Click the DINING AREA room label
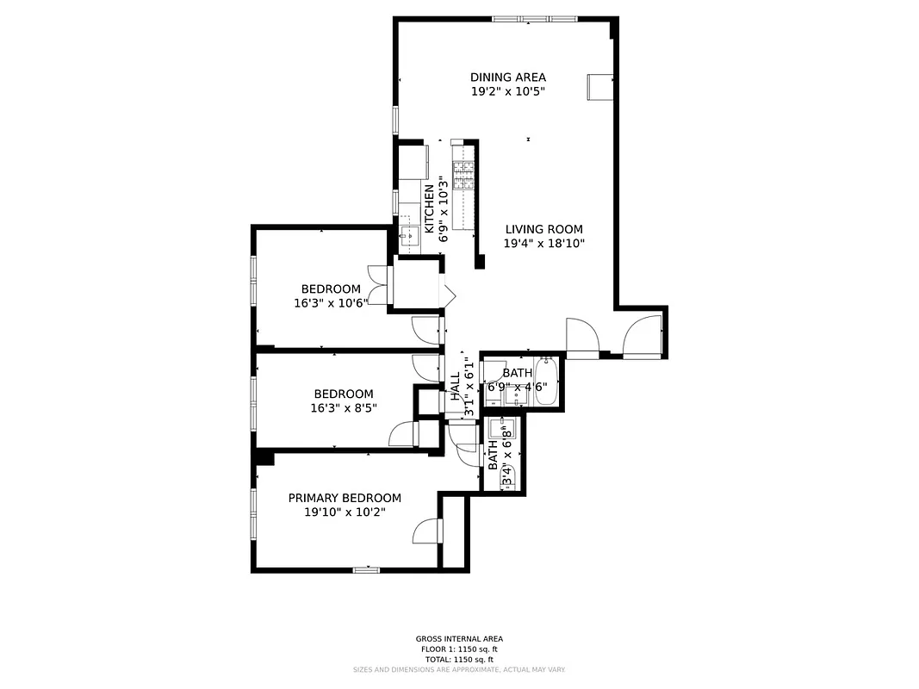click(x=507, y=77)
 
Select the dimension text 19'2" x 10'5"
click(x=507, y=91)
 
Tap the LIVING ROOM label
click(x=543, y=229)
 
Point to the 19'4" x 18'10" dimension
click(x=543, y=244)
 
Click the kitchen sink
click(x=407, y=232)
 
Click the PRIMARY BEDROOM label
click(x=345, y=498)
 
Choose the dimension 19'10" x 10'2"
click(x=345, y=512)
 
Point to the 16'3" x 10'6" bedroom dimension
click(x=331, y=302)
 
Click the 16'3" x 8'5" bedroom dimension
click(x=343, y=408)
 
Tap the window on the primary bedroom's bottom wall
click(x=366, y=569)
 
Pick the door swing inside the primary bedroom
click(x=427, y=532)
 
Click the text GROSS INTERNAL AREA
click(x=458, y=639)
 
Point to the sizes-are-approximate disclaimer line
click(x=458, y=669)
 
